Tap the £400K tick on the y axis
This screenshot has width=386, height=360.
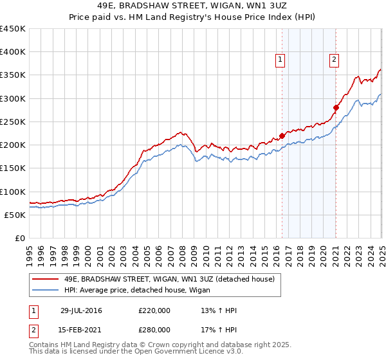(13, 52)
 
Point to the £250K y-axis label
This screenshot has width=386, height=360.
(13, 122)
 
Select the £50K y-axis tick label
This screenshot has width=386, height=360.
(15, 215)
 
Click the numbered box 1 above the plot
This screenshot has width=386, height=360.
(281, 60)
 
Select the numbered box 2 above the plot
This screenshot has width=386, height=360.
(335, 60)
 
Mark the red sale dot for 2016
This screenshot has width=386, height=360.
(282, 136)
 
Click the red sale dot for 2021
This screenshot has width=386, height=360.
(336, 108)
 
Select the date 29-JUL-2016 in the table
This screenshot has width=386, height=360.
(81, 310)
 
